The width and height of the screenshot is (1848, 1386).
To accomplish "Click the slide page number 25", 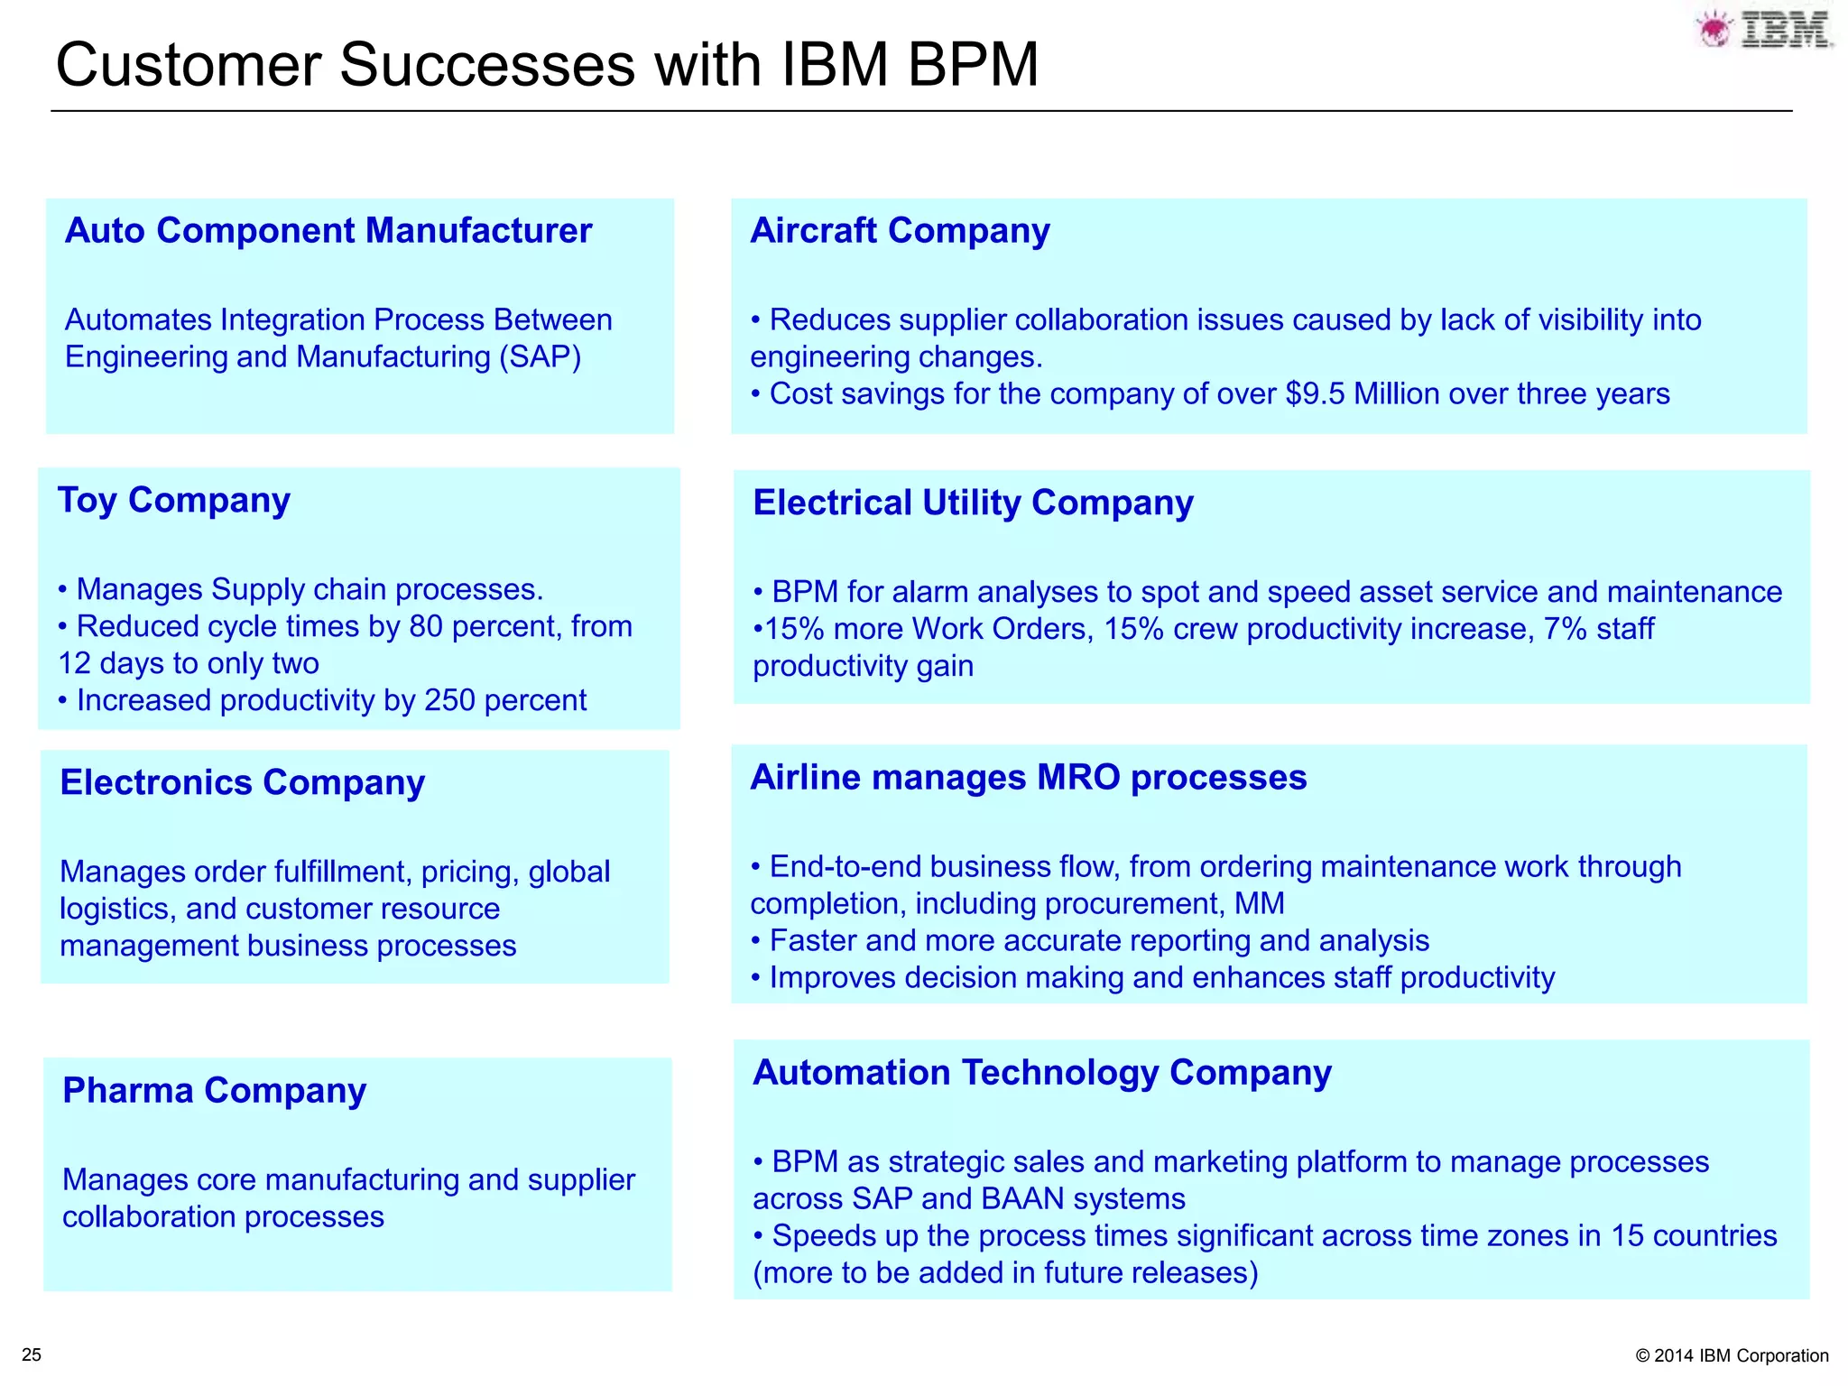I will coord(32,1354).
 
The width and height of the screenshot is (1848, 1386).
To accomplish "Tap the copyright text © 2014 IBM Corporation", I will coord(1731,1355).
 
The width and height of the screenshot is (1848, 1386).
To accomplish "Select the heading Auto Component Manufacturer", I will coord(328,231).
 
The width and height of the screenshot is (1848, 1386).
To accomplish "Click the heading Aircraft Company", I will coord(900,231).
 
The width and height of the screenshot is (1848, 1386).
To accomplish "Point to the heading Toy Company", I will coord(174,500).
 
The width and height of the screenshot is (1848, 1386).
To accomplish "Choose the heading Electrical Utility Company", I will coord(973,503).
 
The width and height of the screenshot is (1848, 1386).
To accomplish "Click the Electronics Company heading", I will coord(242,782).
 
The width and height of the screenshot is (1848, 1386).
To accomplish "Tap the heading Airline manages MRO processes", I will coord(1028,778).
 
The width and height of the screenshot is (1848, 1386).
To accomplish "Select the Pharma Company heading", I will coord(215,1091).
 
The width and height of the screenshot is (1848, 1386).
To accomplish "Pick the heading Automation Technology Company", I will coord(1042,1073).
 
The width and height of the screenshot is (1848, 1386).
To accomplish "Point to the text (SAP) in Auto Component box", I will coord(541,357).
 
